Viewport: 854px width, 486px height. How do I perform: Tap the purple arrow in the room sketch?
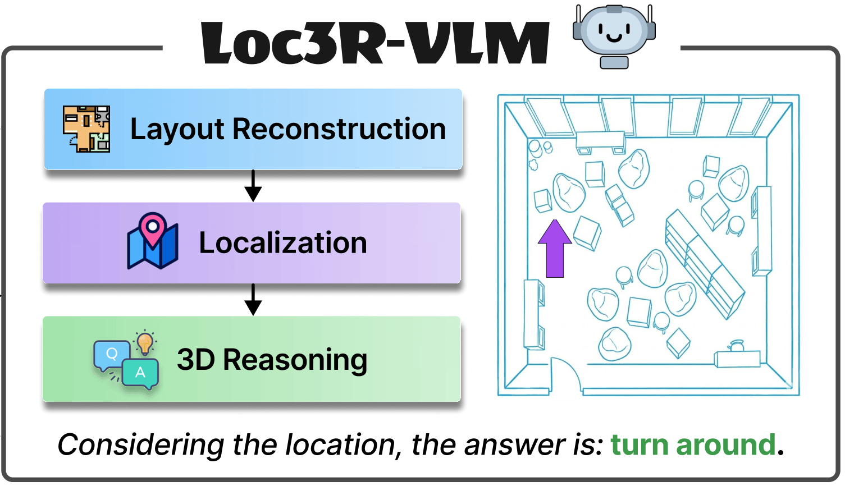click(x=555, y=249)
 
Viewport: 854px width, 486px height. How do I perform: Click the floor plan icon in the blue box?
click(x=86, y=129)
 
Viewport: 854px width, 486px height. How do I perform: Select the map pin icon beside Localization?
click(x=153, y=241)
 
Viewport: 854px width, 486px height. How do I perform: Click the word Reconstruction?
click(x=339, y=129)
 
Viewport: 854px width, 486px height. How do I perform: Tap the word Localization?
click(x=283, y=243)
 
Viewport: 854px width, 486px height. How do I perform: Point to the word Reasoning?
click(x=295, y=360)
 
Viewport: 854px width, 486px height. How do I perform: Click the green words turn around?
click(x=693, y=445)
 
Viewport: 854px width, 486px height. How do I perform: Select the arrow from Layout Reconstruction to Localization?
click(x=253, y=186)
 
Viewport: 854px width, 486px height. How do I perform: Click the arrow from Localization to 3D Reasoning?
click(x=253, y=300)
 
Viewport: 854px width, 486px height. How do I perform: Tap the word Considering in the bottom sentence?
click(x=141, y=446)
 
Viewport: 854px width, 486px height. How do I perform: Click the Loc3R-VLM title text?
click(x=375, y=44)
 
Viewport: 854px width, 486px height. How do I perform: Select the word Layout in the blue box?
click(x=177, y=130)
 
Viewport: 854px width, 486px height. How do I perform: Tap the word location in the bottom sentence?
click(x=342, y=445)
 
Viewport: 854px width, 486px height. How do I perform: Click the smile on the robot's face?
click(x=614, y=37)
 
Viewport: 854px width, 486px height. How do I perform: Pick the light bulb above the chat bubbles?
click(x=145, y=342)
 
